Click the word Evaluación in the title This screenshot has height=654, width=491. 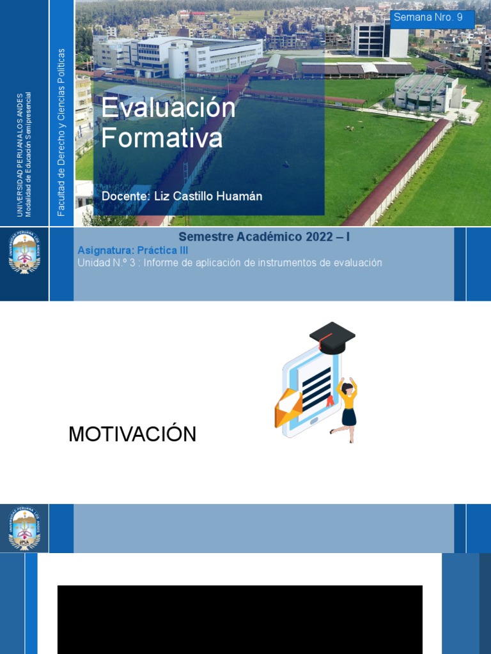click(x=168, y=108)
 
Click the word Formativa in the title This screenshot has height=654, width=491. click(x=162, y=138)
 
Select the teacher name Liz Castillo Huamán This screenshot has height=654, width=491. click(x=208, y=196)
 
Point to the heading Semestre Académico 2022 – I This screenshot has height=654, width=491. click(x=264, y=237)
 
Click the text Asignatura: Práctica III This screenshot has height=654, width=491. click(x=132, y=250)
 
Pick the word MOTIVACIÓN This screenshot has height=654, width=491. click(x=132, y=434)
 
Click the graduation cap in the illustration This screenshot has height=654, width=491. click(x=332, y=337)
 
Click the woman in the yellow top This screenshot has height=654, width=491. click(x=347, y=409)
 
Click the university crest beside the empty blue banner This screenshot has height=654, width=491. click(x=24, y=529)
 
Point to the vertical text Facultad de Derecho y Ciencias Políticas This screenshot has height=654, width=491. click(x=61, y=132)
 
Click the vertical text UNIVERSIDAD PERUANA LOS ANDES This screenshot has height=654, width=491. click(x=19, y=153)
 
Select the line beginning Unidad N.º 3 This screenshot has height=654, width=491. click(x=230, y=262)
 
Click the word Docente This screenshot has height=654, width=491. click(x=124, y=196)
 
